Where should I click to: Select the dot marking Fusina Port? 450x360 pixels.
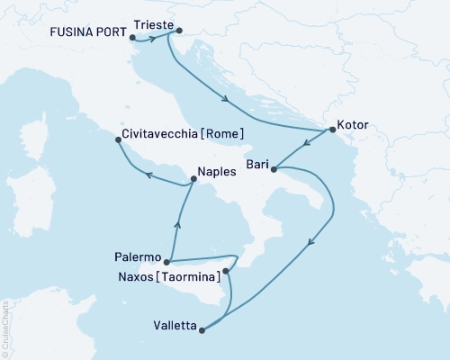tap(132, 38)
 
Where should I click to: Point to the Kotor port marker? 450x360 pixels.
tap(332, 130)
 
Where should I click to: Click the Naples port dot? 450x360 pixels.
tap(193, 179)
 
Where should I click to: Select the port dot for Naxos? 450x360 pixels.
tap(225, 270)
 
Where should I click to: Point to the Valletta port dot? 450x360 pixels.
tap(201, 330)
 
